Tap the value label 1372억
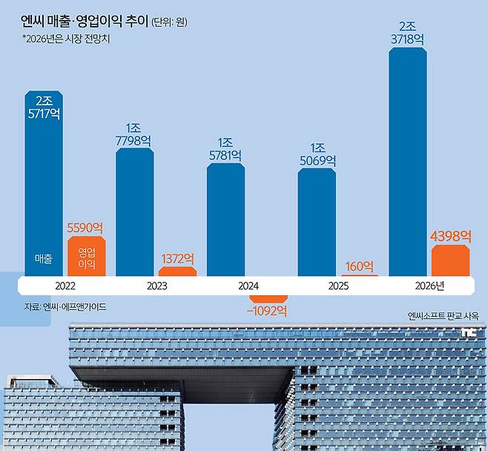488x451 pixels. point(177,259)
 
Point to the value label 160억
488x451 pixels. point(359,266)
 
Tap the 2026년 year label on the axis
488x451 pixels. point(429,286)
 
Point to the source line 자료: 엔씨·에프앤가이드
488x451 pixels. point(65,306)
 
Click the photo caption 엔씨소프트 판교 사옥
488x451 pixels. point(443,315)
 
